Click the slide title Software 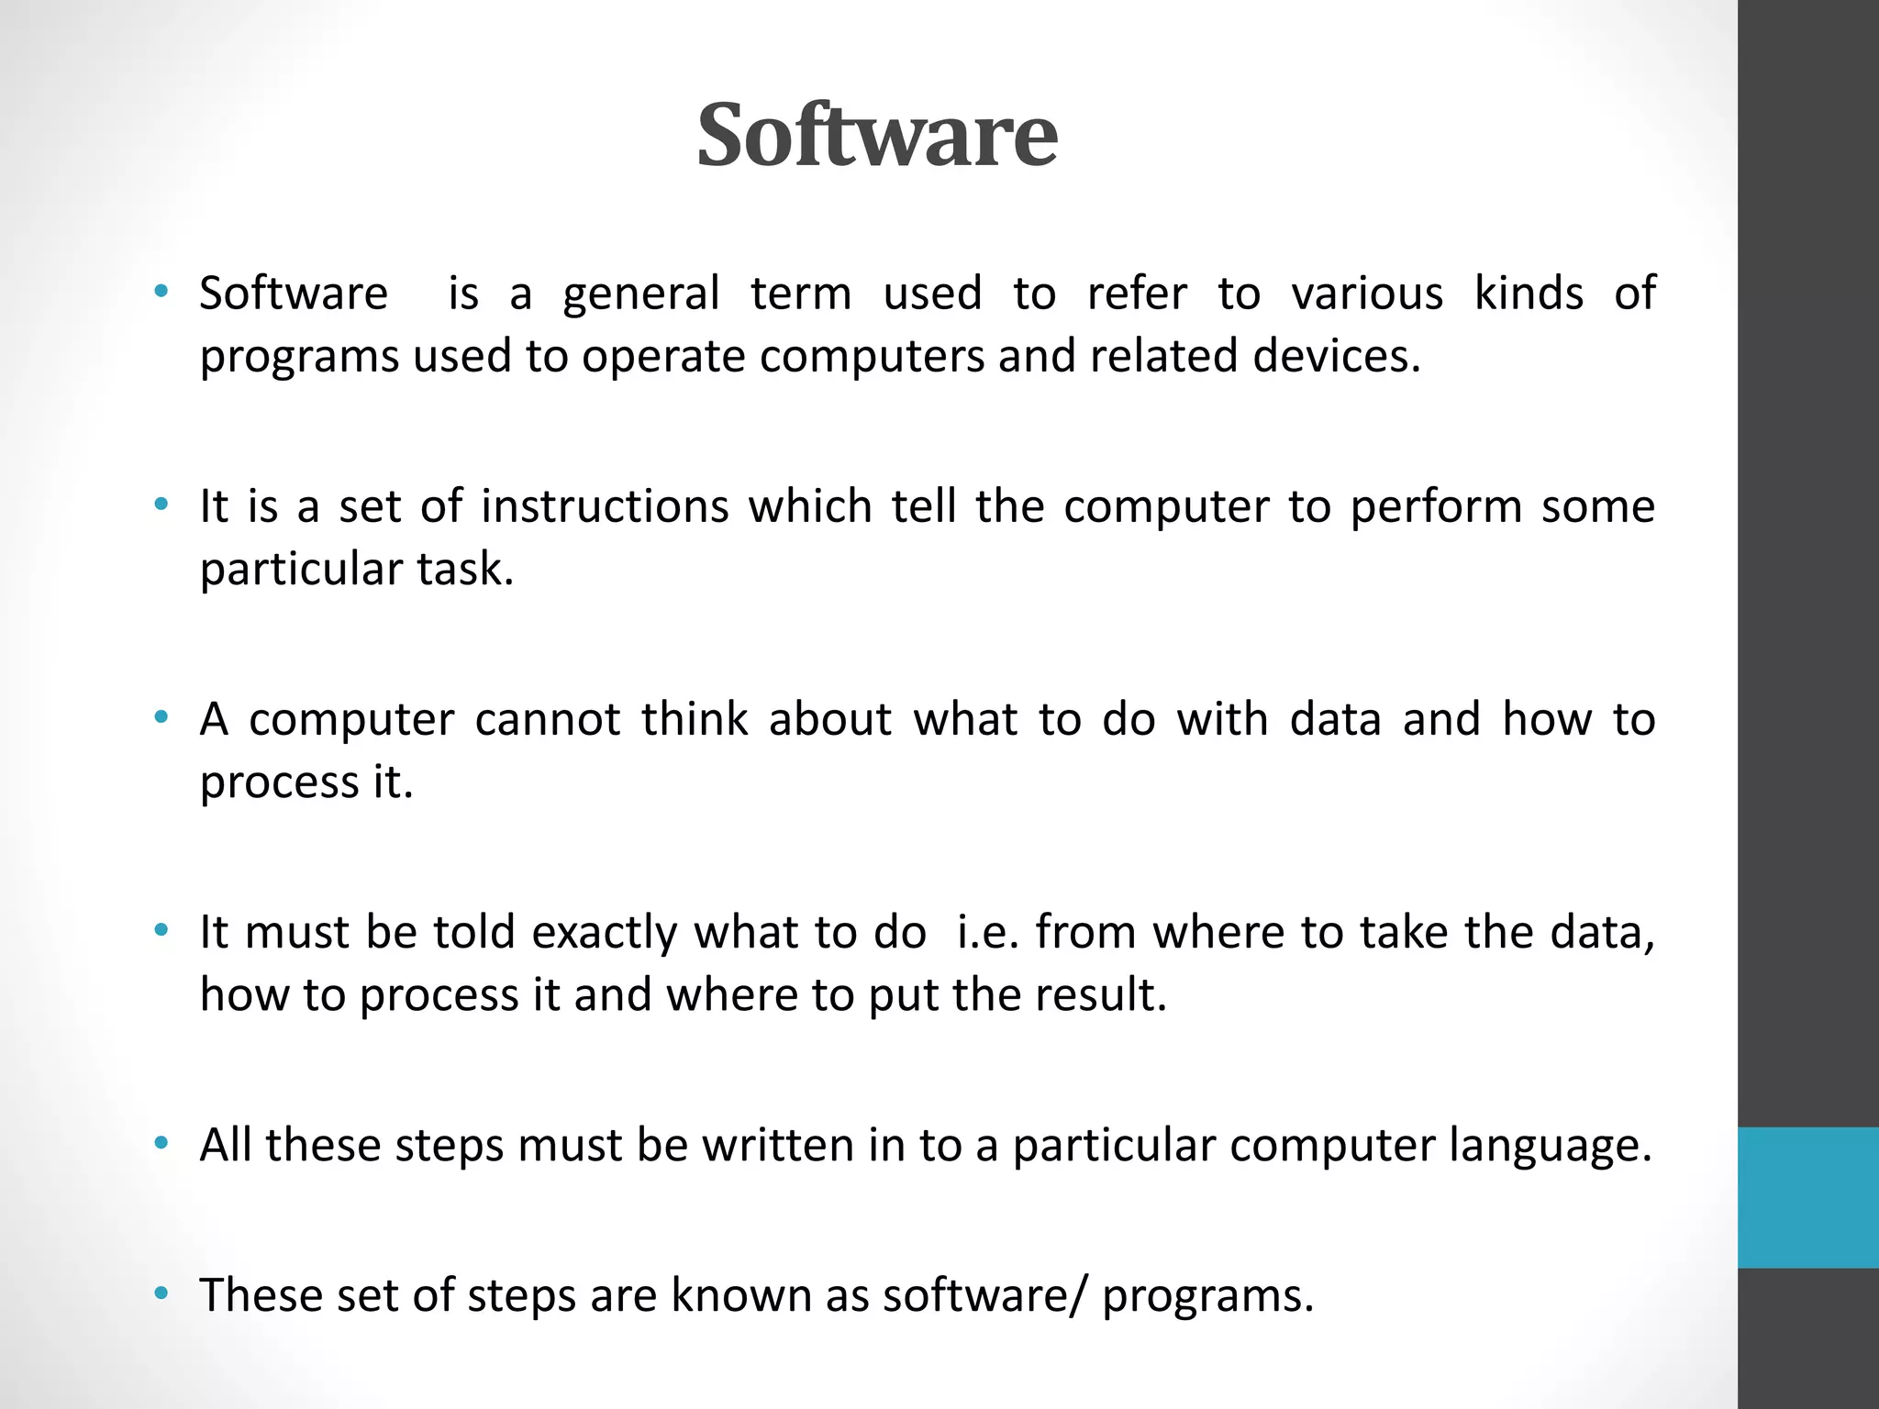[x=877, y=135]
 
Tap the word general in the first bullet [x=640, y=294]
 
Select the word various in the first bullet [x=1367, y=294]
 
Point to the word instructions [x=605, y=506]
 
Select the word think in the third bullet [x=695, y=719]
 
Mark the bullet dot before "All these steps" [x=162, y=1144]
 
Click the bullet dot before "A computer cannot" [x=162, y=718]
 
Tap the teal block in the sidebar [x=1807, y=1197]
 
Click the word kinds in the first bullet [x=1529, y=294]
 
